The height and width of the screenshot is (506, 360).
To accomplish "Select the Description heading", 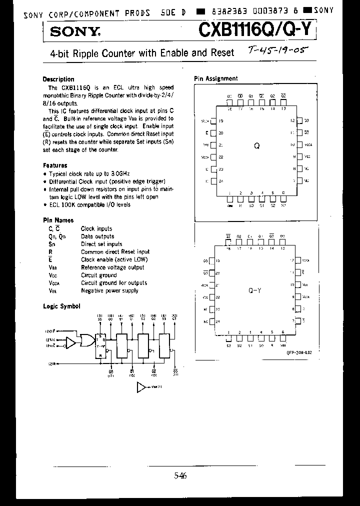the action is (58, 79).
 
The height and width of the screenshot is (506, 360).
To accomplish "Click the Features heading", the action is (55, 165).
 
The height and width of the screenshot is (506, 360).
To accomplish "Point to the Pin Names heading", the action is (58, 220).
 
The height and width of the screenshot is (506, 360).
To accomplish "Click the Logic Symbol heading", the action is (61, 306).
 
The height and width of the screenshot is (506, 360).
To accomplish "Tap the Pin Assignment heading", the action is (215, 78).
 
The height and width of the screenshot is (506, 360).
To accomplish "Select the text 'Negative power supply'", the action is (109, 290).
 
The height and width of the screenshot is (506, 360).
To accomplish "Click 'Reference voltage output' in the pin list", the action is (113, 267).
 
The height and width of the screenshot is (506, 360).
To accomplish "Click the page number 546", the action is (180, 476).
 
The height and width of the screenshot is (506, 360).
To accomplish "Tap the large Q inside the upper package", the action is (256, 146).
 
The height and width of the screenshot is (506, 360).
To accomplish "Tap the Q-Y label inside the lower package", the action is (255, 290).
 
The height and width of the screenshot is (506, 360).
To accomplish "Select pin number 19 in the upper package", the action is (220, 121).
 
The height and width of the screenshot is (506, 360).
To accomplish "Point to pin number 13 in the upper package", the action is (283, 108).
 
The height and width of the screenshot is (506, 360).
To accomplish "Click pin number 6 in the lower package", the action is (283, 332).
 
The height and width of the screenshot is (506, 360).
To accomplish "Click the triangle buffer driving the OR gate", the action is (70, 343).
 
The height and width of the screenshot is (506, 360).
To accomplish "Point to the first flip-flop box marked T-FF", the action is (101, 345).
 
